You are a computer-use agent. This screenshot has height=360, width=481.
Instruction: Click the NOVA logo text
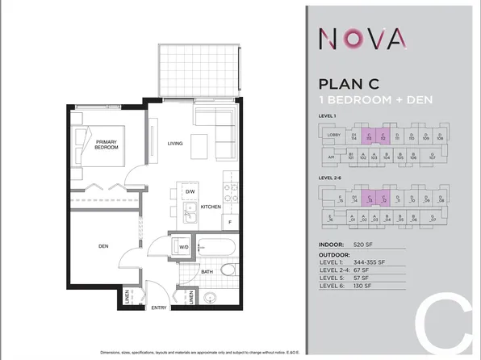(362, 38)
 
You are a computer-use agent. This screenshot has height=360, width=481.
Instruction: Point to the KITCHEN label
(210, 207)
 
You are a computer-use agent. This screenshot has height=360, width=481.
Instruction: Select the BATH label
(207, 272)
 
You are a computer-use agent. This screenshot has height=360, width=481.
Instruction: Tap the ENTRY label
(159, 308)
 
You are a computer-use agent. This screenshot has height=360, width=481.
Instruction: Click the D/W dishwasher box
(190, 191)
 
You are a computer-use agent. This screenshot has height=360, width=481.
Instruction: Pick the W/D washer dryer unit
(183, 247)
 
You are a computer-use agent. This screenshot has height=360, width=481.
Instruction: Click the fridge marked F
(230, 222)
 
